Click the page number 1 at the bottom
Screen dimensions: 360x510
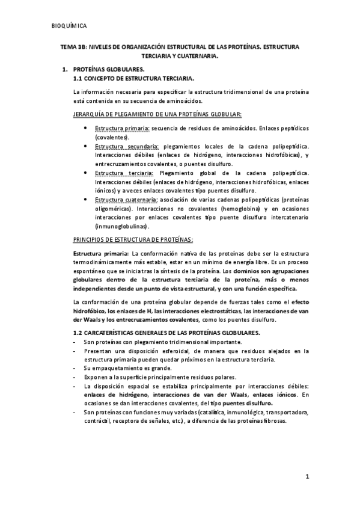tap(307, 478)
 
